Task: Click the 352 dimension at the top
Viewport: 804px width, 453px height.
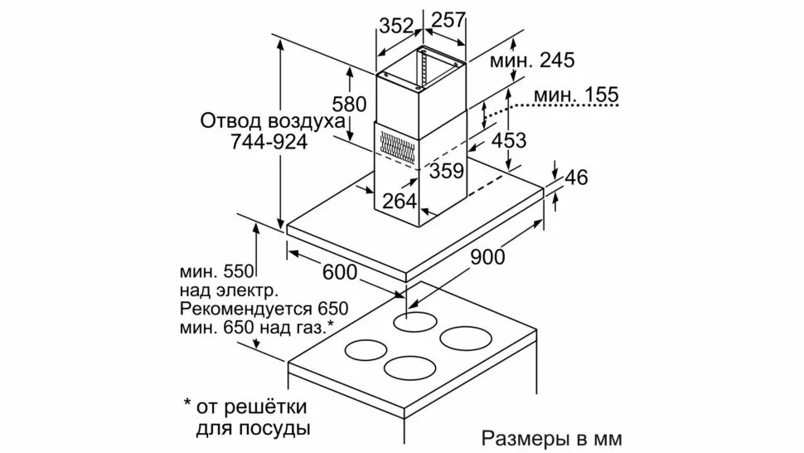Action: [396, 25]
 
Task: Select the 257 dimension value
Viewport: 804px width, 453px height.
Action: [448, 22]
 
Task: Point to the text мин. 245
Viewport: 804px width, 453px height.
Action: [531, 60]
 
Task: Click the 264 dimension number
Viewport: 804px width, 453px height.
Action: [400, 202]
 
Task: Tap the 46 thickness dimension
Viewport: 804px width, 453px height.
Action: [576, 178]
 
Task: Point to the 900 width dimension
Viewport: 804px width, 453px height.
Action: [487, 256]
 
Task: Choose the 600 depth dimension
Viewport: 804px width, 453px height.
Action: [339, 271]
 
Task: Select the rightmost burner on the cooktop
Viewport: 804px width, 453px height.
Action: [467, 339]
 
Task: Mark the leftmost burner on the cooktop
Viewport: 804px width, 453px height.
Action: [370, 349]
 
